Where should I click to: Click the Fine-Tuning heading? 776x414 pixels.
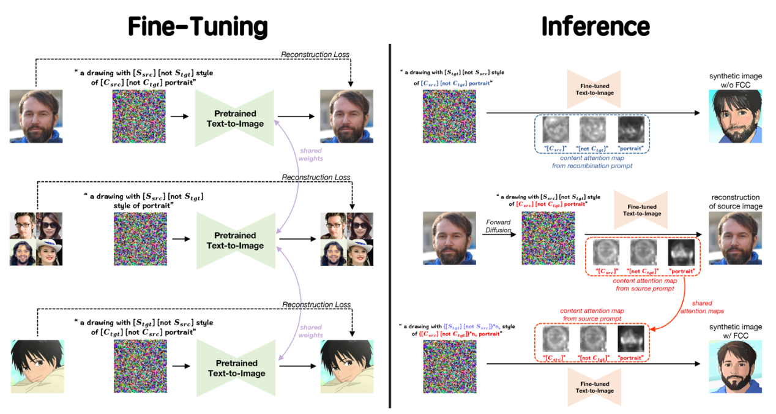click(198, 26)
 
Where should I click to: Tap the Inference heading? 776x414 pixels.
click(595, 26)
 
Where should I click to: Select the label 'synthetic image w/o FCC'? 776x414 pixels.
click(736, 81)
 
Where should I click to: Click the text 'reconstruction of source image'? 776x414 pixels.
click(735, 202)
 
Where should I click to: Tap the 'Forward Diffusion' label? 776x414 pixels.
click(498, 226)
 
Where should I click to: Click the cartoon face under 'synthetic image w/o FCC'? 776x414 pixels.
click(736, 116)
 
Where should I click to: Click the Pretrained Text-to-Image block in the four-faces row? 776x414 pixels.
click(235, 240)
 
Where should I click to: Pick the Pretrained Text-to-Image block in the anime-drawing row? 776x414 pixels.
click(235, 367)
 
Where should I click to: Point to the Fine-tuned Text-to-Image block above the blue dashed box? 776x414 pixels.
click(594, 89)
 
